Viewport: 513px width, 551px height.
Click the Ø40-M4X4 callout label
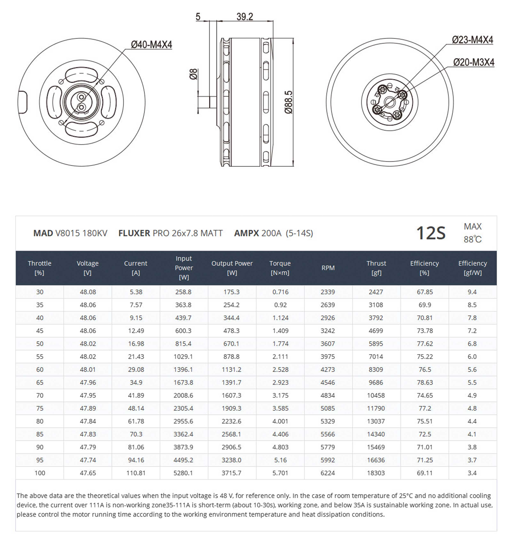151,45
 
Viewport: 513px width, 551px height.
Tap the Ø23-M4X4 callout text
472,40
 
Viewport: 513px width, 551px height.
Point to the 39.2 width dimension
245,17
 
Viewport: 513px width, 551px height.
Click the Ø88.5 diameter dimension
288,102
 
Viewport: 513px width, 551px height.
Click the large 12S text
431,233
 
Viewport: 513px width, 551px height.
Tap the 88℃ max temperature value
473,239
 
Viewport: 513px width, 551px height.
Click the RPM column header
328,268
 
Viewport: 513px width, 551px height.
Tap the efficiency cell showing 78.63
425,382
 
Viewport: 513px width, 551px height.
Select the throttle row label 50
40,344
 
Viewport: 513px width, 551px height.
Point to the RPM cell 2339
328,292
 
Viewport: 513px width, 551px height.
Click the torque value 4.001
280,421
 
